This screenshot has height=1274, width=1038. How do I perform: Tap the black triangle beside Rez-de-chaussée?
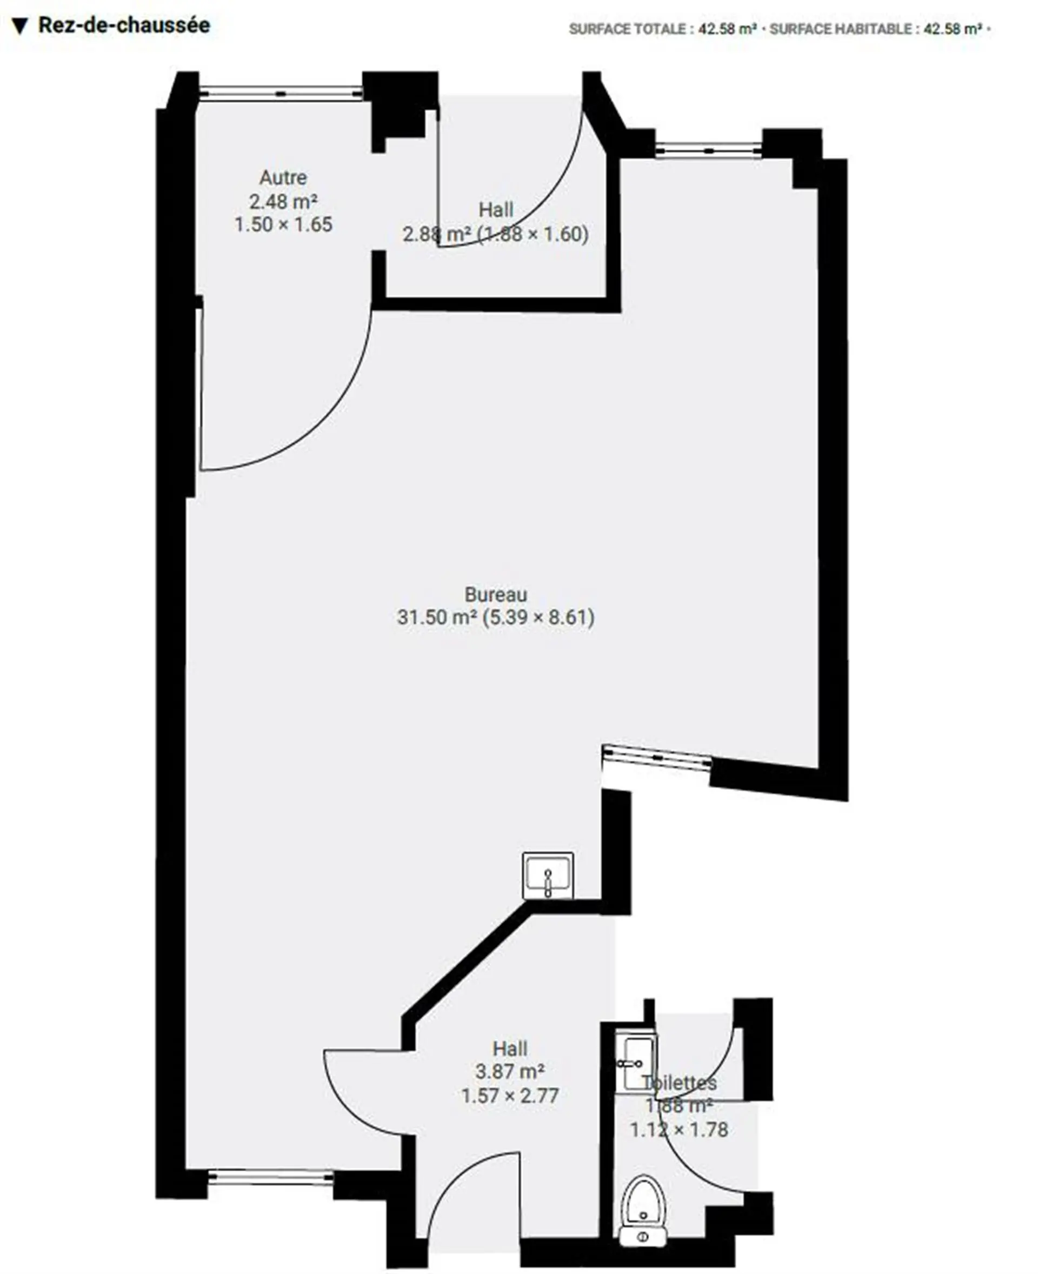pos(19,27)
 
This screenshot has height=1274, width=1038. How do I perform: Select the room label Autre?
pos(283,178)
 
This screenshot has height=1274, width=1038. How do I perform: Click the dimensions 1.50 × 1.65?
pos(283,224)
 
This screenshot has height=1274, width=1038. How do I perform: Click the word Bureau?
pos(496,594)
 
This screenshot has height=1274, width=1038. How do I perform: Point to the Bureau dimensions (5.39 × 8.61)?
pos(538,616)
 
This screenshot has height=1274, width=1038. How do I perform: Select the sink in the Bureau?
pos(548,875)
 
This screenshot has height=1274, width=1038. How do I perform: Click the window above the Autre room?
pos(281,92)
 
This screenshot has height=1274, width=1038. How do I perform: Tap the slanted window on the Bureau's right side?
pos(656,757)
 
